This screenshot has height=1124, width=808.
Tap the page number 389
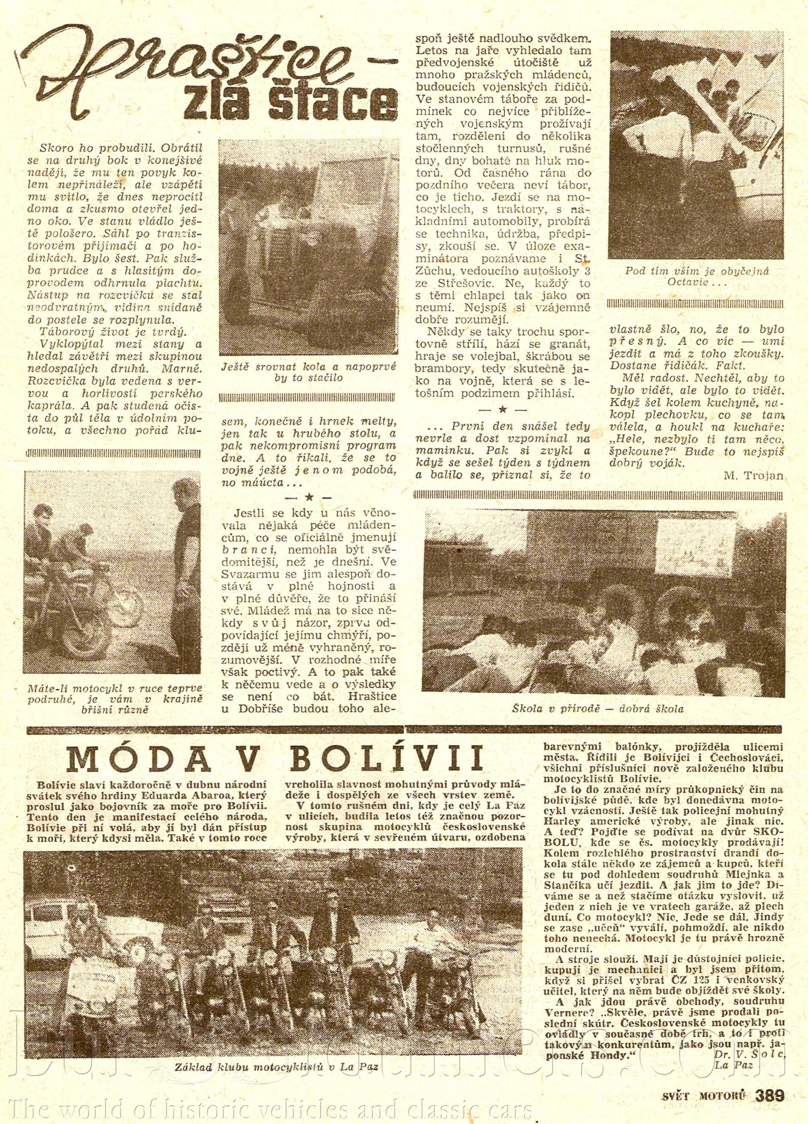pyautogui.click(x=769, y=1095)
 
